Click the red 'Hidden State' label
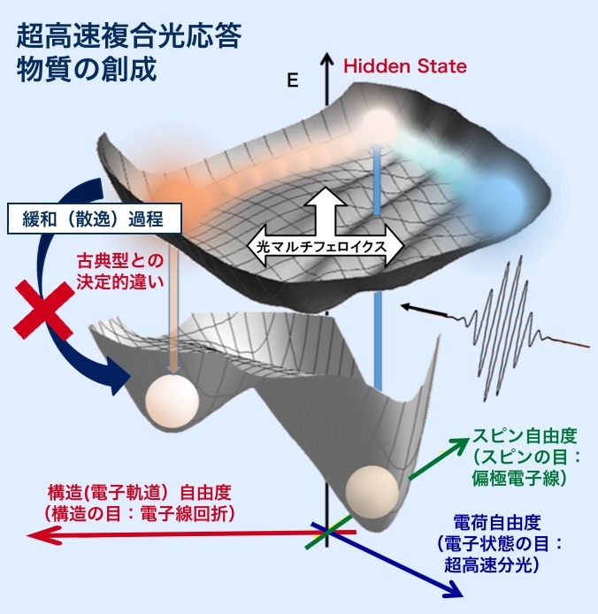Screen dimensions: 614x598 [x=405, y=66]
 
